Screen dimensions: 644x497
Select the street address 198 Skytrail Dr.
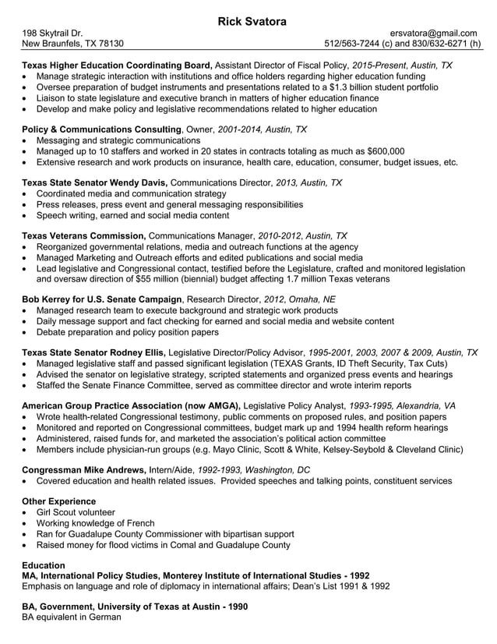coord(52,33)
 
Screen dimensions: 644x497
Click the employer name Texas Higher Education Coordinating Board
coord(117,66)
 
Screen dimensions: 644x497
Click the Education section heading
coord(43,564)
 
